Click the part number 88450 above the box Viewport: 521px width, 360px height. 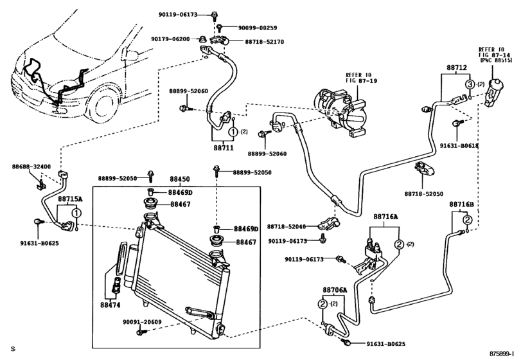(180, 179)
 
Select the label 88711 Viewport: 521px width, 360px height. (224, 147)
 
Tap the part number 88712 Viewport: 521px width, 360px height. (457, 67)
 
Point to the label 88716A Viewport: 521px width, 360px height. (385, 217)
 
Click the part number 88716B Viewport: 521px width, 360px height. (462, 204)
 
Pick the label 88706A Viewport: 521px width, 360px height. (335, 290)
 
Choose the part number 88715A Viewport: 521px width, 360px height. (70, 199)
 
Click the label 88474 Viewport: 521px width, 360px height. (110, 305)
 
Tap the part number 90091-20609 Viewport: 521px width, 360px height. (142, 322)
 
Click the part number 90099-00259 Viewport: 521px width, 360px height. (258, 28)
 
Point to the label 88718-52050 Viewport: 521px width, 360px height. (423, 194)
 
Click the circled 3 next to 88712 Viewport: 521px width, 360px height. (470, 84)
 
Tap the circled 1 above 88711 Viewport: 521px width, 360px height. (233, 132)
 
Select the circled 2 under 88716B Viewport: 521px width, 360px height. (467, 220)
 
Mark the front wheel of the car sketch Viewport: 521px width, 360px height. (105, 105)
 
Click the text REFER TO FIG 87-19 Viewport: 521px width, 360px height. (361, 78)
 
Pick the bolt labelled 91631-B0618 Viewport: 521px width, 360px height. (457, 123)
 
